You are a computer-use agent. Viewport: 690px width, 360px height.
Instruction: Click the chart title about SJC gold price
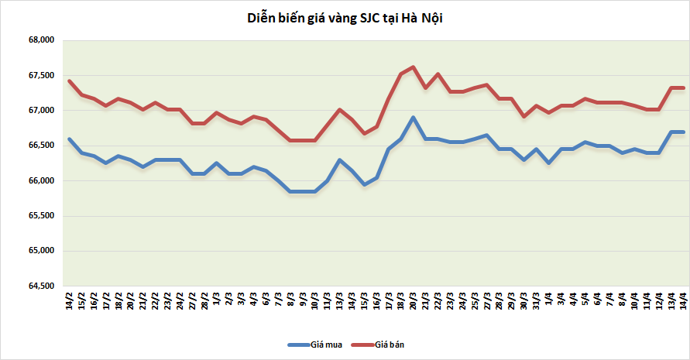coord(345,18)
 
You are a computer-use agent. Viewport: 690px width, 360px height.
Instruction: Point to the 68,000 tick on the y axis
coord(39,40)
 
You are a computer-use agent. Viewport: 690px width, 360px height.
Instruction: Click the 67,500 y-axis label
coord(39,76)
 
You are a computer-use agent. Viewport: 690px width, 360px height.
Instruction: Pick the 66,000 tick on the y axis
coord(39,181)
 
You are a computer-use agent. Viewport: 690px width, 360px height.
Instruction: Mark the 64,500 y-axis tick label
coord(39,286)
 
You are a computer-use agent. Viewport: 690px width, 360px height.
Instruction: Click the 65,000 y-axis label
coord(39,252)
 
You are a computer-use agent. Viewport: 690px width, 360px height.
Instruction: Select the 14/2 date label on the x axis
coord(70,300)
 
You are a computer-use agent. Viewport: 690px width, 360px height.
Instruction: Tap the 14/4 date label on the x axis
coord(683,300)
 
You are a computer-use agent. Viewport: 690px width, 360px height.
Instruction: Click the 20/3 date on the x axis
coord(413,300)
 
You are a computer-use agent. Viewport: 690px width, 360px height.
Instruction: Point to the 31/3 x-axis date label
coord(536,300)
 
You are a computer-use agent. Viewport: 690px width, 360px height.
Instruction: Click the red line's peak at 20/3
coord(413,67)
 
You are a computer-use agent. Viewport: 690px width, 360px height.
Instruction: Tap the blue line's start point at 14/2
coord(70,139)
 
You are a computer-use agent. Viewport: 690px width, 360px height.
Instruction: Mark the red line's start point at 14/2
coord(70,81)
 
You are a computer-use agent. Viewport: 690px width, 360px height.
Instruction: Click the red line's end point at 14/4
coord(683,87)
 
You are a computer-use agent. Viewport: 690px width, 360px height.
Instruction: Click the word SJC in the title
coord(369,18)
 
